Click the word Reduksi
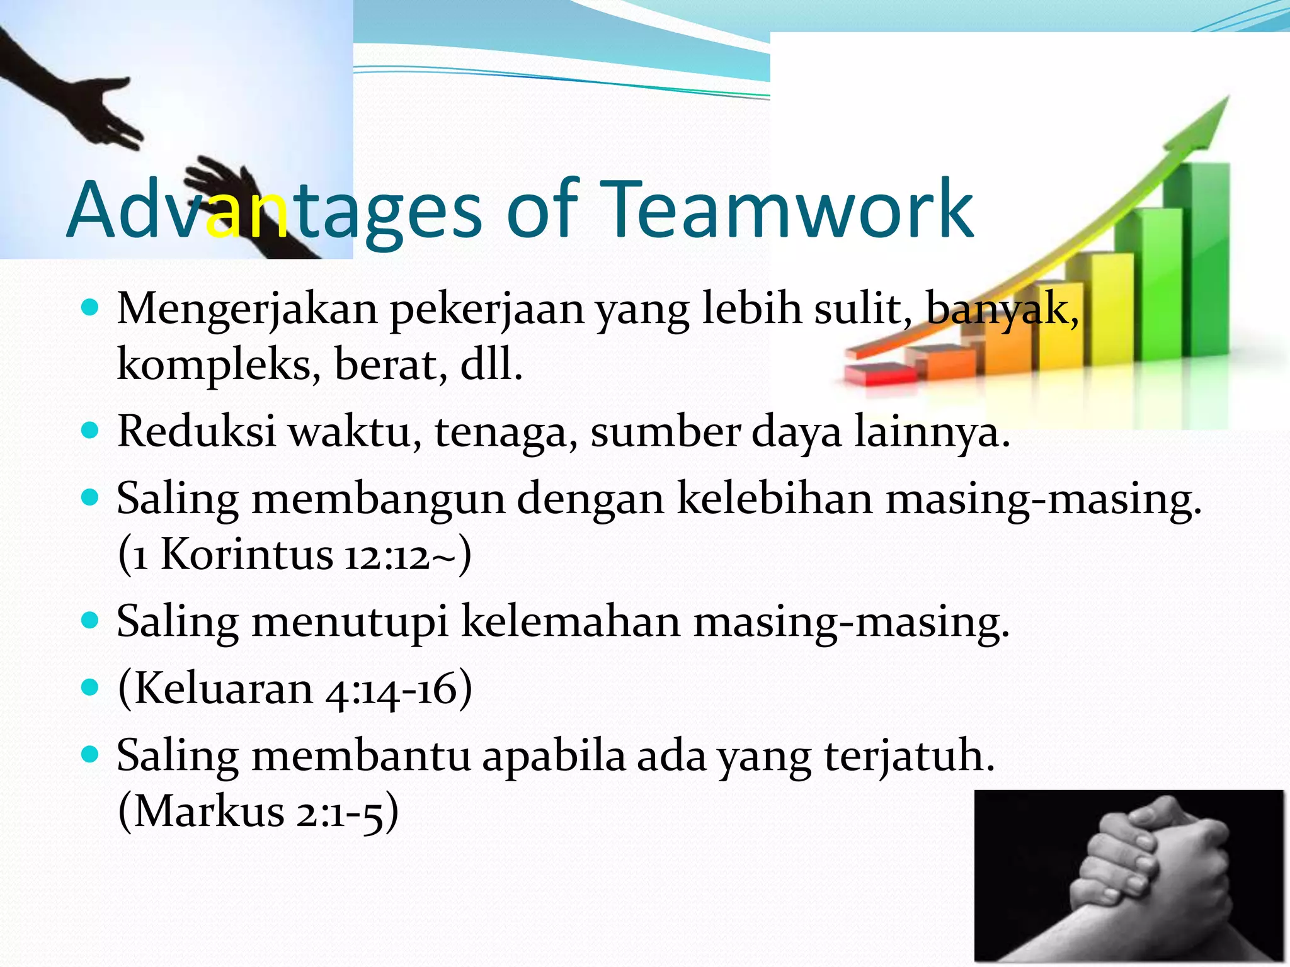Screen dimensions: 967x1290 197,432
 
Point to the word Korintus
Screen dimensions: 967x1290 246,555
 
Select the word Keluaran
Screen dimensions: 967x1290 224,688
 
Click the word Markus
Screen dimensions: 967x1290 209,811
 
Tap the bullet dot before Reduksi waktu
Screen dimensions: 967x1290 91,431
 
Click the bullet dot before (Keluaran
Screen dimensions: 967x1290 91,687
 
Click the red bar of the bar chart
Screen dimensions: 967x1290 881,374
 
